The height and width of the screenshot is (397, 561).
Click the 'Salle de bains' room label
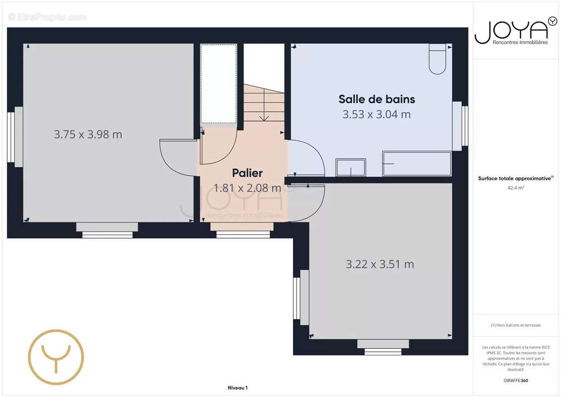point(376,99)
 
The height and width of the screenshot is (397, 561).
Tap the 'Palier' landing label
point(247,173)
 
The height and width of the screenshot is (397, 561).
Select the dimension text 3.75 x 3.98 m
point(88,134)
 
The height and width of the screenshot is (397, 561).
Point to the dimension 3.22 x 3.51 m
point(379,265)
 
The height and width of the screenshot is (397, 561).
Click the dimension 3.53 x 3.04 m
point(376,115)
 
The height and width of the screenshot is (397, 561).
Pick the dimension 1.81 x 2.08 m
point(247,188)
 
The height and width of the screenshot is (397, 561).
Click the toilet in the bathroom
point(437,59)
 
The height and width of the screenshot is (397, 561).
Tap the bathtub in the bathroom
point(417,164)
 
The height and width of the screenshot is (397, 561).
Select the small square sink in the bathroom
point(351,167)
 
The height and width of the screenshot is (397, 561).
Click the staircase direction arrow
point(263,117)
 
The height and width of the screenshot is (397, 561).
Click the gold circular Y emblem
point(56,357)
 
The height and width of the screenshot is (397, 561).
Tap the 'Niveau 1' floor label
point(238,388)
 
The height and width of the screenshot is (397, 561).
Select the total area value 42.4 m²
point(516,188)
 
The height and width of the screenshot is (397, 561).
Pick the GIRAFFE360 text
point(516,381)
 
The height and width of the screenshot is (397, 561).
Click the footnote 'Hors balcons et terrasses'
point(516,325)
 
